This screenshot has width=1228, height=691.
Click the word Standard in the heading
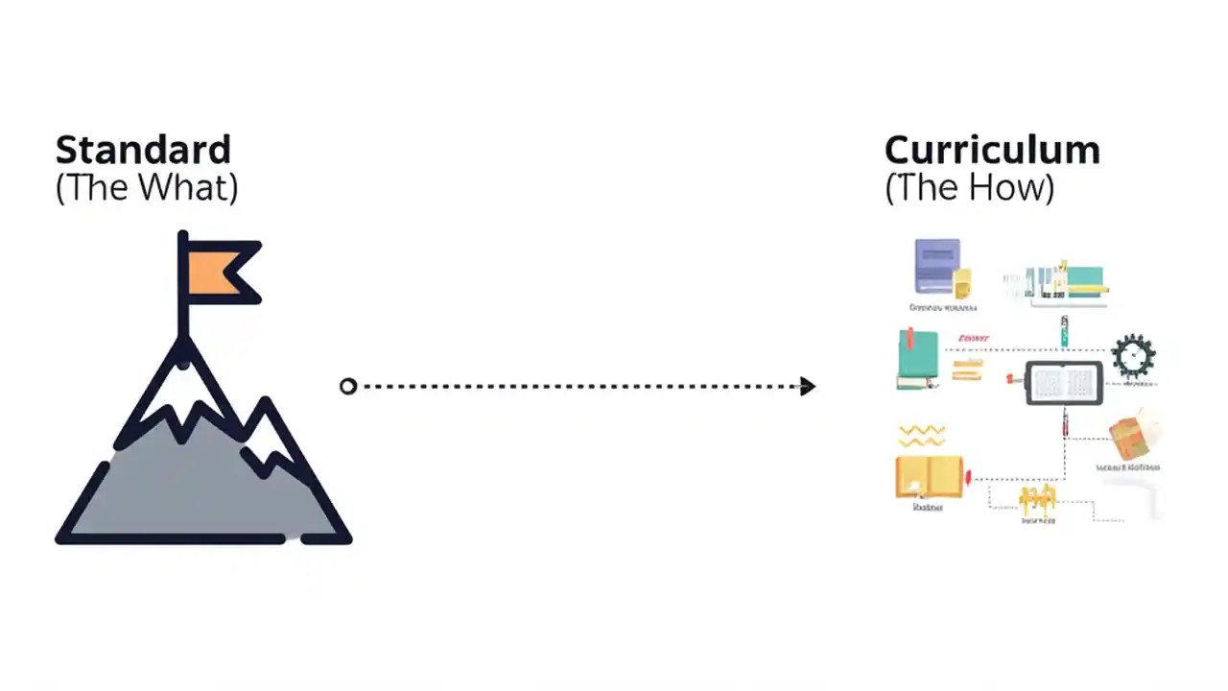(x=143, y=151)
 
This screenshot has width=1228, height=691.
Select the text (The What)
(x=146, y=187)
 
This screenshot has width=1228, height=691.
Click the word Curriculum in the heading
(x=991, y=151)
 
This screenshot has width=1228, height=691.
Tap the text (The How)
(x=969, y=187)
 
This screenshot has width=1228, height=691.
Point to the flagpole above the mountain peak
(x=182, y=288)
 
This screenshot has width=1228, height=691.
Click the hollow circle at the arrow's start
(x=348, y=386)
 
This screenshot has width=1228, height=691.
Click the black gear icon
(x=1133, y=356)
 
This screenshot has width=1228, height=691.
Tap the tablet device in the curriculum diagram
(x=1064, y=384)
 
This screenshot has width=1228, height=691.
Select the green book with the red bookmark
(x=917, y=360)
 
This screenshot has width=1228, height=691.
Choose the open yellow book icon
(x=929, y=476)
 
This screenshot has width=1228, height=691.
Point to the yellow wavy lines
(x=922, y=436)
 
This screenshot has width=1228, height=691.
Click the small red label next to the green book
(x=973, y=339)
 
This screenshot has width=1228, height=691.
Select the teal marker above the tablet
(x=1064, y=331)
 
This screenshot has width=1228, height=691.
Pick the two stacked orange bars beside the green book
(x=967, y=369)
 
